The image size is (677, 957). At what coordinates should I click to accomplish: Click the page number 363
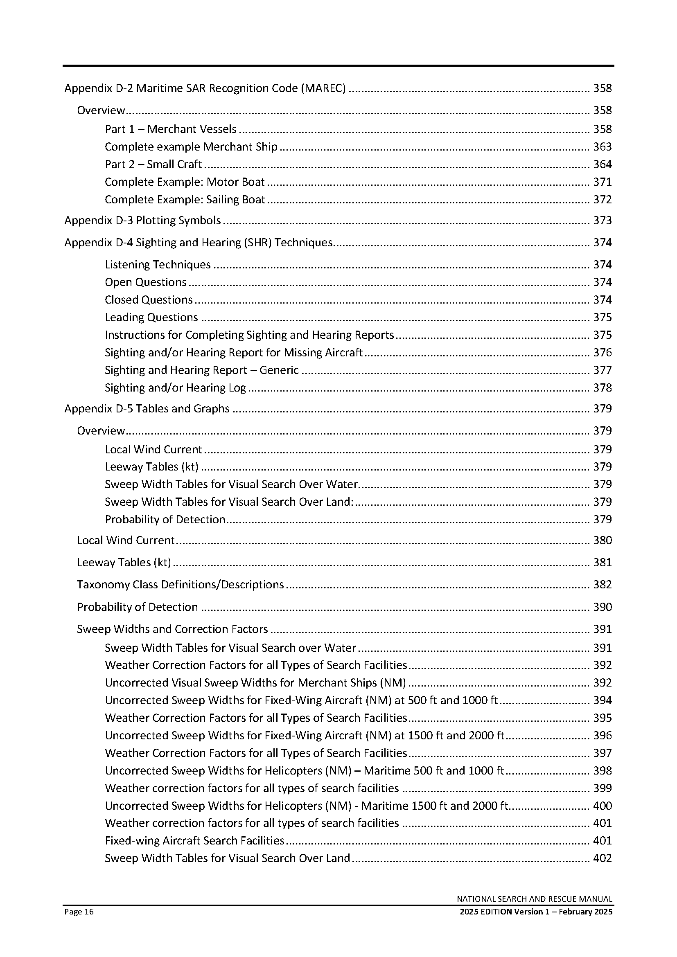tap(603, 147)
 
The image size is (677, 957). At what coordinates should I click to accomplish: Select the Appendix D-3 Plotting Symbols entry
tap(142, 221)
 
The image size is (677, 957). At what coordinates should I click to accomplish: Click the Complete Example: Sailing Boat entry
tap(185, 200)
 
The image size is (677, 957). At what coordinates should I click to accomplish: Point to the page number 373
tap(603, 221)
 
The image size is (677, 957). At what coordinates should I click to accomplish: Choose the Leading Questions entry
tap(151, 317)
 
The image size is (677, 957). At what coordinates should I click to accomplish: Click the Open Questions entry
tap(145, 282)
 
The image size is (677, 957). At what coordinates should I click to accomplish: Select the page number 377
tap(603, 370)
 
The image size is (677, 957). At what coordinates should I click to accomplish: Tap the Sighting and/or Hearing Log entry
tap(176, 388)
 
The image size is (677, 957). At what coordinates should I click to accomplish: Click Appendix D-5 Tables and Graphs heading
tap(147, 408)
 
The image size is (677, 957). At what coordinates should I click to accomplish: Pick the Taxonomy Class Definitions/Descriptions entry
tap(180, 585)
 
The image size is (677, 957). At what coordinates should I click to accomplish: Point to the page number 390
tap(603, 607)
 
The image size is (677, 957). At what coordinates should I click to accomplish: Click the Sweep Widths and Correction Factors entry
tap(172, 629)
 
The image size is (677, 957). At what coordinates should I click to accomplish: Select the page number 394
tap(603, 700)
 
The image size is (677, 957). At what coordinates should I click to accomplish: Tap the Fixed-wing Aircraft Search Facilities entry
tap(194, 841)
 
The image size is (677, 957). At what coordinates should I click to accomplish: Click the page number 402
tap(603, 858)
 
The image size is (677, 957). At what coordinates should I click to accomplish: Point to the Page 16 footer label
tap(79, 912)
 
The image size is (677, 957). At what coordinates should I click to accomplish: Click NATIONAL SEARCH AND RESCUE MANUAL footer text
tap(535, 899)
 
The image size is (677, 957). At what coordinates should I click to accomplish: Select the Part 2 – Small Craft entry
tap(153, 164)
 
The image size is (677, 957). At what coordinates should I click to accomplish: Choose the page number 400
tap(603, 806)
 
